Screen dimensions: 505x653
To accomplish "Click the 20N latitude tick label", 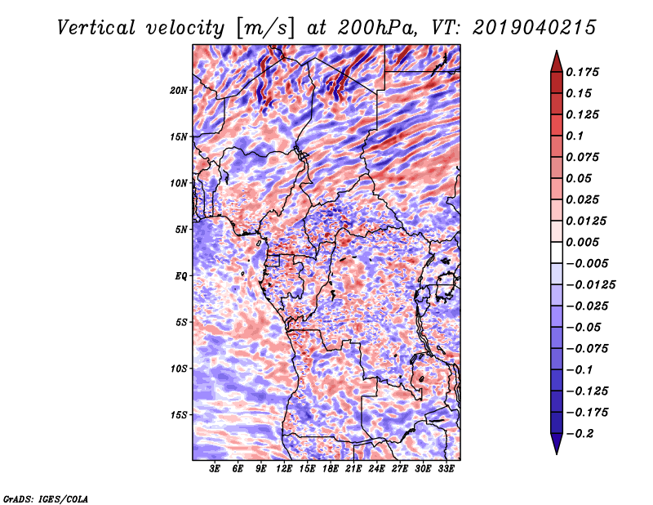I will [x=180, y=90].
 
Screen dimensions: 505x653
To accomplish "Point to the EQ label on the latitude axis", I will [x=181, y=276].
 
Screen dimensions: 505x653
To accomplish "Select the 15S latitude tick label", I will [x=180, y=415].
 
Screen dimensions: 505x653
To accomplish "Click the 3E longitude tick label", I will [x=215, y=470].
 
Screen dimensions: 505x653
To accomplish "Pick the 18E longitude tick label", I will [x=331, y=470].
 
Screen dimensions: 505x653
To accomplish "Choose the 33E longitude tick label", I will [x=446, y=470].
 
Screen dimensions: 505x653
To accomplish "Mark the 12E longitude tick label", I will [x=285, y=470].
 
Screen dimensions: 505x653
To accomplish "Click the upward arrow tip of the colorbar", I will [x=555, y=54].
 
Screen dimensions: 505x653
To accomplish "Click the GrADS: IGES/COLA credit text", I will [x=46, y=497].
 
